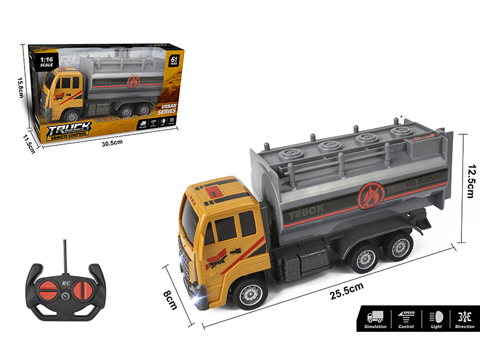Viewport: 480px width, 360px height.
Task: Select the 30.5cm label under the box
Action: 112,142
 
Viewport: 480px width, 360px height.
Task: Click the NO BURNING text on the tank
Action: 425,178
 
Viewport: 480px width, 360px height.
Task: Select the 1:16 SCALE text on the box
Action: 47,63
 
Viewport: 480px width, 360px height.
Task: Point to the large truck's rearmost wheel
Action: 398,246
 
